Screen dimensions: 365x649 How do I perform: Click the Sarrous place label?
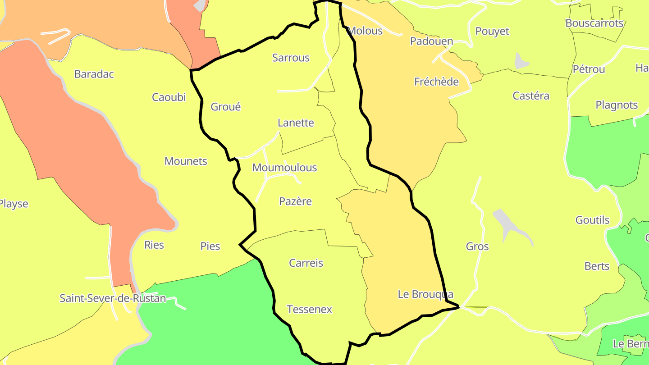[x=291, y=58]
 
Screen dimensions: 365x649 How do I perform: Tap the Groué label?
[x=226, y=107]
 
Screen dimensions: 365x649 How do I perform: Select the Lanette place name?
[x=296, y=123]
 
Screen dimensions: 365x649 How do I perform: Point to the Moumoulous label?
[x=284, y=168]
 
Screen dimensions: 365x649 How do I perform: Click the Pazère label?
[x=295, y=201]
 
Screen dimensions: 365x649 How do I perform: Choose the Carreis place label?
[x=306, y=263]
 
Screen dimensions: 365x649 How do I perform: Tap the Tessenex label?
[x=309, y=310]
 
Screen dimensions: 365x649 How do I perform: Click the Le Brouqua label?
[x=425, y=294]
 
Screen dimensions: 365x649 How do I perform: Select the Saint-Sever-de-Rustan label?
[x=113, y=298]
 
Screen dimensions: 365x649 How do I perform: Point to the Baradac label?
[x=94, y=74]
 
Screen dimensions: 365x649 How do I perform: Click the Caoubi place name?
[x=169, y=97]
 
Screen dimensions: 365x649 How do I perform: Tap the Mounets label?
[x=186, y=161]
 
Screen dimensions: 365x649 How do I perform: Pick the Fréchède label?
[x=436, y=82]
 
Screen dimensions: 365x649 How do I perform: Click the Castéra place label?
[x=531, y=96]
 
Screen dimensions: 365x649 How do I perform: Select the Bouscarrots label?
[x=594, y=23]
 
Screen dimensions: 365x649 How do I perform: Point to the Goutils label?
[x=592, y=220]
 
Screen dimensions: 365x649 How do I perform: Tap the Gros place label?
[x=477, y=246]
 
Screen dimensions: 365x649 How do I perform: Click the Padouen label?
[x=431, y=41]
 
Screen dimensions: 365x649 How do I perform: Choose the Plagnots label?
[x=617, y=105]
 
